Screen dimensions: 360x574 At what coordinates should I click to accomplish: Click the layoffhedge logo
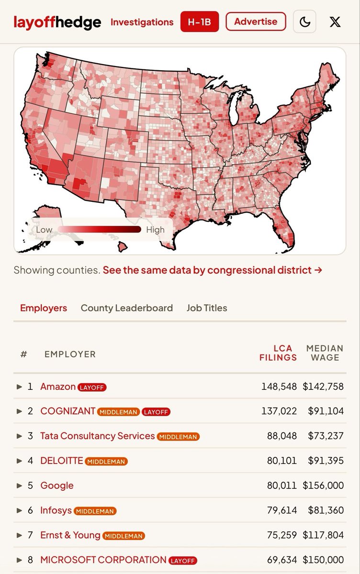pos(57,22)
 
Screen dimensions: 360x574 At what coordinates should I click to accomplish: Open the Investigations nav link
pos(142,22)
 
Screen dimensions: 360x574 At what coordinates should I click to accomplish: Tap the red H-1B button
pos(200,22)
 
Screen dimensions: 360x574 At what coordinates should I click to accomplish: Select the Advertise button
pos(256,22)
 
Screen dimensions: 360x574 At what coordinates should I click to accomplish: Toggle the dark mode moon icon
pos(304,22)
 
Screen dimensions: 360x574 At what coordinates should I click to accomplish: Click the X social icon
pos(335,22)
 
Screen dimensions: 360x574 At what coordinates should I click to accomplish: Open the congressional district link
pos(212,270)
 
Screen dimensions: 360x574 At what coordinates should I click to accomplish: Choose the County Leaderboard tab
pos(127,308)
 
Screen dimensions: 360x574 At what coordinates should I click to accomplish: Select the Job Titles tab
pos(207,308)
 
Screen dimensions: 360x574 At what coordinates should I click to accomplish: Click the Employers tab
pos(44,308)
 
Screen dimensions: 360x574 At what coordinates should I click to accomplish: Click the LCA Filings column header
pos(278,353)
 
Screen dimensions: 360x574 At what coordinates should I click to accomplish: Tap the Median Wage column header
pos(325,353)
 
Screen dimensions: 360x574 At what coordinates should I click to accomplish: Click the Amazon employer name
pos(58,386)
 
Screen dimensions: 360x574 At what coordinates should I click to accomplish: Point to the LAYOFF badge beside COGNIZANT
pos(156,412)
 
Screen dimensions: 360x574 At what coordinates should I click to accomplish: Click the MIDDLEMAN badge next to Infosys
pos(95,511)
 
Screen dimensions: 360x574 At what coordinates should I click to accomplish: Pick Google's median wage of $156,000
pos(323,486)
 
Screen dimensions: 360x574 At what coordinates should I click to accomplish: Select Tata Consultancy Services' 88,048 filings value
pos(282,436)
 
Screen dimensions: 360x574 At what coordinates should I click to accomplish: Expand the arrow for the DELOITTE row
pos(19,461)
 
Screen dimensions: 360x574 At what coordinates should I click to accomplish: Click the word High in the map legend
pos(156,230)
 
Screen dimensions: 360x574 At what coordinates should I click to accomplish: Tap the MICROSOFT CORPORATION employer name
pos(103,560)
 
